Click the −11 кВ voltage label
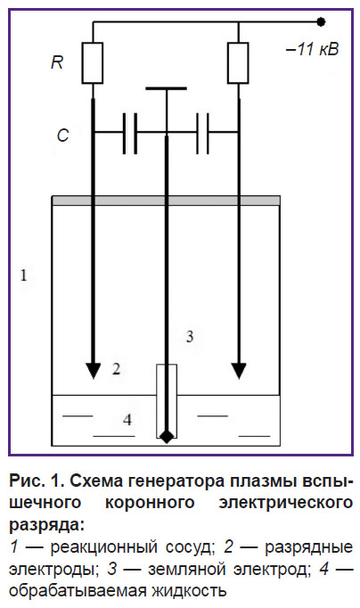pos(312,49)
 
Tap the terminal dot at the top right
pos(321,22)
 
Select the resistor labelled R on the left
pos(93,62)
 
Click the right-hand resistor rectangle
pos(238,62)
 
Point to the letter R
pos(57,62)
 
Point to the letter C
pos(62,136)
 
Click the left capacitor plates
pos(130,134)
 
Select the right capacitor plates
pos(202,134)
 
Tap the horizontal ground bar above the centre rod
pos(166,88)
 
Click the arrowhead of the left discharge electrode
pos(93,370)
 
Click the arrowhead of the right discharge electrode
pos(239,370)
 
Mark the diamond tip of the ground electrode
pos(167,437)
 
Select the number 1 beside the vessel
pos(24,275)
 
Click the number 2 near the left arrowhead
pos(116,369)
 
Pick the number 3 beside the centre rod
pos(190,336)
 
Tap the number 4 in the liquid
pos(127,420)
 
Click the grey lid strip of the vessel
pos(166,201)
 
